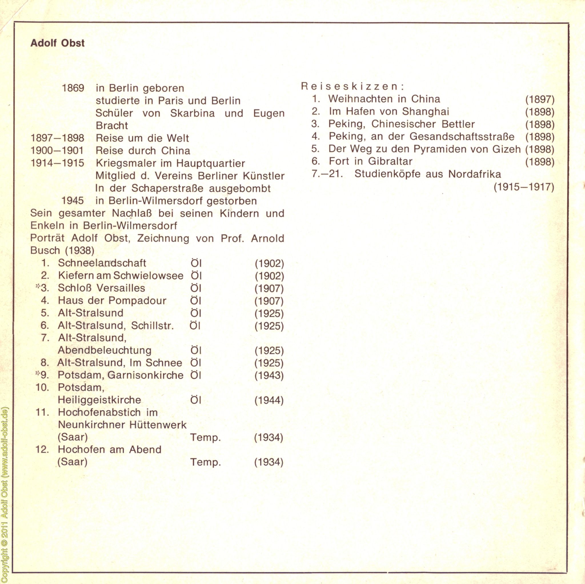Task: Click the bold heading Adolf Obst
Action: click(57, 43)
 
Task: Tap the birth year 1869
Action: click(73, 88)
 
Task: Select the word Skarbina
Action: click(192, 113)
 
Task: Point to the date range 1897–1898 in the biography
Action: click(57, 138)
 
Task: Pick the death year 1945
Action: click(73, 201)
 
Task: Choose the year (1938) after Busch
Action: click(80, 251)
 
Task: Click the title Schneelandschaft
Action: click(102, 263)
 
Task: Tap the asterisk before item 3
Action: click(37, 287)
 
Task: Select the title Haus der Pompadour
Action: click(112, 301)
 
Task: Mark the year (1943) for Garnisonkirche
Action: click(269, 376)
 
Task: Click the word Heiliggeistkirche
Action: click(99, 400)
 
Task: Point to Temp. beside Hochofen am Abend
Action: click(205, 463)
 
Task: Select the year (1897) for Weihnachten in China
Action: click(540, 100)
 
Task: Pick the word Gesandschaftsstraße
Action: click(462, 137)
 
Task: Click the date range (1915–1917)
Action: click(524, 187)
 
